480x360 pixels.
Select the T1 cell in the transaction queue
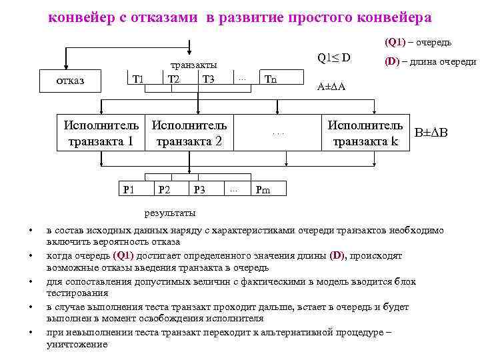[x=139, y=80]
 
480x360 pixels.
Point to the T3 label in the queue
[x=209, y=80]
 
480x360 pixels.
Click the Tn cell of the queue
[x=271, y=80]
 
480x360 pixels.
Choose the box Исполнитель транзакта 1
[x=102, y=133]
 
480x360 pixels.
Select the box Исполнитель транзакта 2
[x=190, y=133]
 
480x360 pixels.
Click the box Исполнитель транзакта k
[x=365, y=133]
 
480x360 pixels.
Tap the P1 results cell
[x=129, y=190]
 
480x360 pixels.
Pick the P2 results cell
[x=164, y=190]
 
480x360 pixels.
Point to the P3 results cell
[x=199, y=190]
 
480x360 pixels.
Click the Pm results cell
[x=263, y=190]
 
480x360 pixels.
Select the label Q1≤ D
[x=334, y=58]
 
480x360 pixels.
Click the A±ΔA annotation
[x=332, y=87]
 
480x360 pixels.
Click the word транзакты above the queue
[x=193, y=65]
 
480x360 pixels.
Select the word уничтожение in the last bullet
[x=77, y=345]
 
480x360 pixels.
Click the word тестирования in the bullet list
[x=77, y=293]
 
